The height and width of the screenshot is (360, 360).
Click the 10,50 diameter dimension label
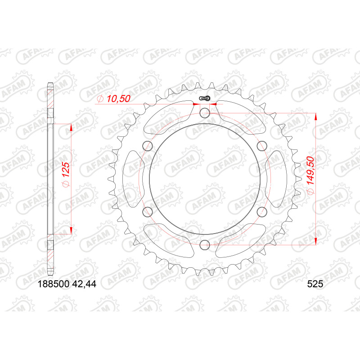[x=114, y=99]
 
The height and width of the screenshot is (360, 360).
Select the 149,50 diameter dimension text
[x=310, y=175]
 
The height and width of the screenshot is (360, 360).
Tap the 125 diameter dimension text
[x=66, y=175]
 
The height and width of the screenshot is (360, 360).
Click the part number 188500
[x=53, y=284]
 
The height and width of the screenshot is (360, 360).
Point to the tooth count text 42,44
[x=84, y=284]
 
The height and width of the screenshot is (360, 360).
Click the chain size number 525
[x=315, y=284]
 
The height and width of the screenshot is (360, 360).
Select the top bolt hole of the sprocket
[x=205, y=113]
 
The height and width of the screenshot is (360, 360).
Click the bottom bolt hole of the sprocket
[x=205, y=245]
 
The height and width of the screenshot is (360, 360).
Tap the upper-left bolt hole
[x=148, y=146]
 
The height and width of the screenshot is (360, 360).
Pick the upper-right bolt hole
[x=262, y=146]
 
